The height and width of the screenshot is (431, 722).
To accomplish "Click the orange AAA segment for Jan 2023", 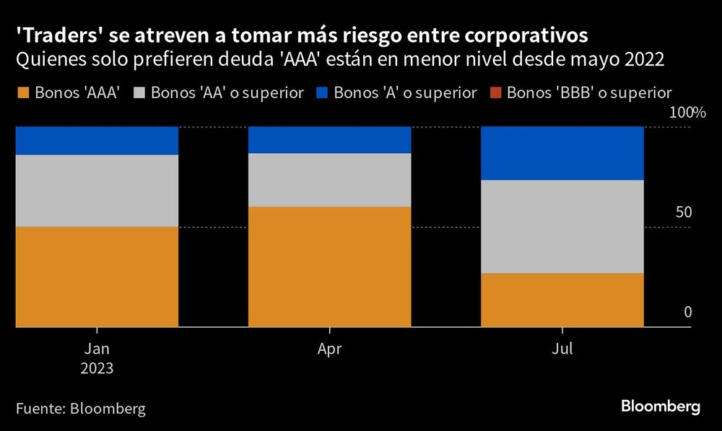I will click(x=97, y=277).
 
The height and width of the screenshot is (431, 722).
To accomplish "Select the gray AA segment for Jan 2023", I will click(x=97, y=191).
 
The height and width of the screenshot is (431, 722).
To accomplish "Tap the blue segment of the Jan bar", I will click(x=97, y=141).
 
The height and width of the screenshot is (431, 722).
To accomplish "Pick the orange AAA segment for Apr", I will click(x=329, y=266).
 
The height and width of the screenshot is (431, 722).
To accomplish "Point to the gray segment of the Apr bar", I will click(x=329, y=180).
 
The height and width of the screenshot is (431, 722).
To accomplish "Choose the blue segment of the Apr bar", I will click(x=329, y=140).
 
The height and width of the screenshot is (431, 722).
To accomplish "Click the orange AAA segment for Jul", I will click(x=562, y=300).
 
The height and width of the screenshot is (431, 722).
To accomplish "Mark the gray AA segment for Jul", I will click(x=562, y=227).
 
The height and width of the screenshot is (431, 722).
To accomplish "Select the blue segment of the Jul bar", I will click(x=562, y=153).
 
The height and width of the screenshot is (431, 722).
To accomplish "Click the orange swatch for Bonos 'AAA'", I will click(x=22, y=92).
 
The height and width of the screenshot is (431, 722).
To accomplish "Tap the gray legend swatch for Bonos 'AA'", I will click(x=139, y=92).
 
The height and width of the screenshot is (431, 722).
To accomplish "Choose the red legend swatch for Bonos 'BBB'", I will click(x=495, y=92).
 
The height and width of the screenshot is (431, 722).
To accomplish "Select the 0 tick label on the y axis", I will click(x=687, y=313).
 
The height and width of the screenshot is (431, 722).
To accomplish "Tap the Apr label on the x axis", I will click(x=329, y=349).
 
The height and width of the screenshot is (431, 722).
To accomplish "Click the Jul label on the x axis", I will click(x=562, y=349).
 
